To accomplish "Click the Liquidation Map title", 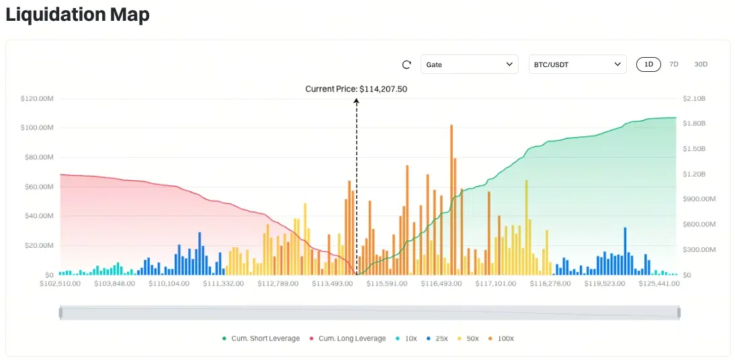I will pos(77,15).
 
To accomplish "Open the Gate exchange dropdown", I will pos(469,64).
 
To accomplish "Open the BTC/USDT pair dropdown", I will pos(577,64).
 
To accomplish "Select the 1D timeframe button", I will pos(648,64).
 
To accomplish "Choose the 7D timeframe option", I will pos(674,64).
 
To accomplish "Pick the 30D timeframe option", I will pos(701,64).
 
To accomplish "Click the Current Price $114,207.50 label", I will pos(356,89).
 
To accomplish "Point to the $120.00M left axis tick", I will pos(37,99).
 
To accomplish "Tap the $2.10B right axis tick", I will pos(694,99).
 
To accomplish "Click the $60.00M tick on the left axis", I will pos(39,187).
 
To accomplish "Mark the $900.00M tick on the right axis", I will pos(697,199).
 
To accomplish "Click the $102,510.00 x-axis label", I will pos(60,283).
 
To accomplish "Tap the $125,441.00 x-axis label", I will pos(658,283).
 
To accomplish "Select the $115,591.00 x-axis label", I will pos(388,283).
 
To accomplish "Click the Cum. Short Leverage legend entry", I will pos(262,339).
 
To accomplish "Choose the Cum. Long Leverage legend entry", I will pos(347,339).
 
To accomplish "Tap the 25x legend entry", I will pos(438,339).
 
